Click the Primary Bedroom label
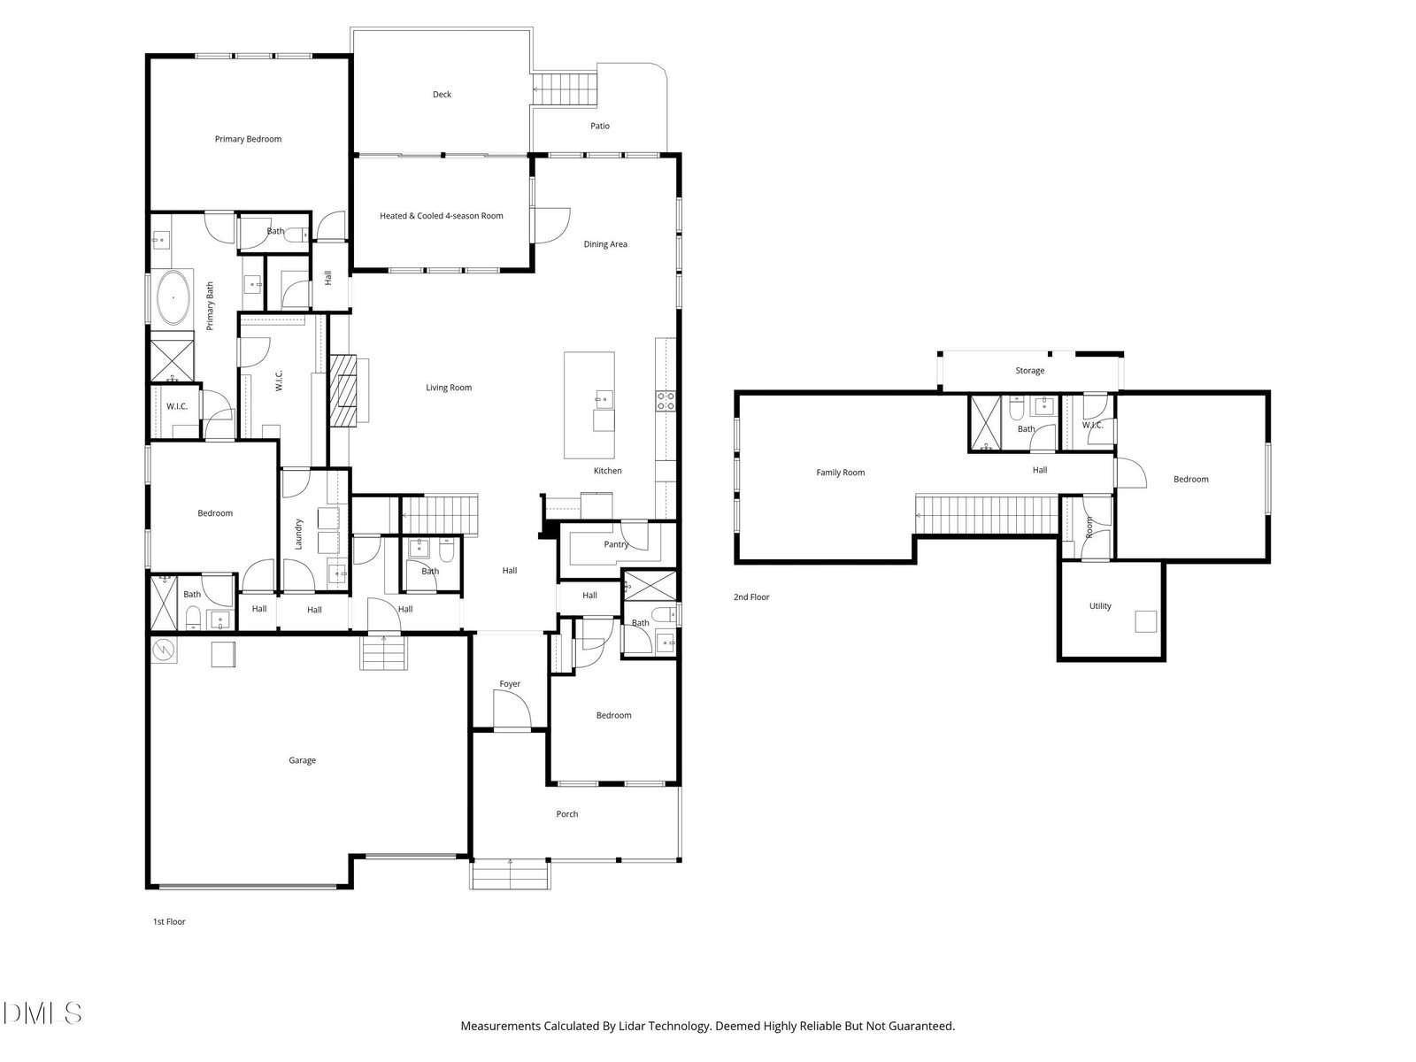pos(248,139)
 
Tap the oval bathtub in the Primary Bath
pos(174,297)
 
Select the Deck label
pos(442,94)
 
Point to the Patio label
pos(600,126)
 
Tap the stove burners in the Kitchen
pos(666,401)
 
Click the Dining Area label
pos(605,243)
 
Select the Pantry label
pos(616,544)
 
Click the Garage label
pos(302,760)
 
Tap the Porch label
pos(567,813)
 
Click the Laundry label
pos(298,534)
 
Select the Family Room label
pos(841,472)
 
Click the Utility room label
pos(1100,605)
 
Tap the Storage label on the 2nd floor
pos(1029,370)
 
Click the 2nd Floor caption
pos(751,597)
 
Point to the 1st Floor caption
pos(169,921)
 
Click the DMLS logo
pos(42,1013)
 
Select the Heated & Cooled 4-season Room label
pos(442,215)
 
